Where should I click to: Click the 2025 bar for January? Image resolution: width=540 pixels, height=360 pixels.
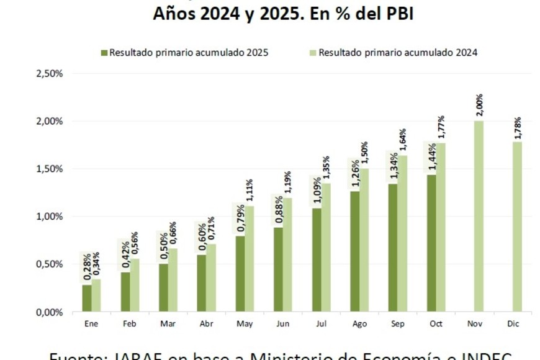pyautogui.click(x=87, y=298)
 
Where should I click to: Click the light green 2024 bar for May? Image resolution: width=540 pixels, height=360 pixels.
pyautogui.click(x=249, y=258)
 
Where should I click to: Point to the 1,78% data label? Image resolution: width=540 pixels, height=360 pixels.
pyautogui.click(x=517, y=127)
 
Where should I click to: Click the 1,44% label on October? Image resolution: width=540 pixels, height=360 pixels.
pyautogui.click(x=431, y=158)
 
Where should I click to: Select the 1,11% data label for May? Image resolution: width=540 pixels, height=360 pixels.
pyautogui.click(x=250, y=191)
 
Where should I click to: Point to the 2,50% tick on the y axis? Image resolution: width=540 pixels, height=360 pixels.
pyautogui.click(x=50, y=73)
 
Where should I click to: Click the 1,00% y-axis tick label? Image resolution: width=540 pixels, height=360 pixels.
pyautogui.click(x=50, y=217)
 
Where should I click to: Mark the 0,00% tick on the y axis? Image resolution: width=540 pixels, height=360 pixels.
pyautogui.click(x=50, y=312)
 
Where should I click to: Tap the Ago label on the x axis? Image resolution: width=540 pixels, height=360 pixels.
pyautogui.click(x=359, y=323)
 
